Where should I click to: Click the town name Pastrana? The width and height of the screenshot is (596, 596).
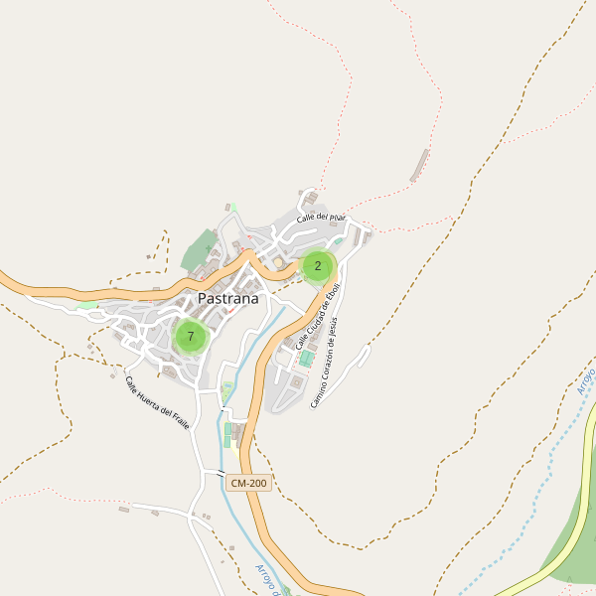click(x=227, y=298)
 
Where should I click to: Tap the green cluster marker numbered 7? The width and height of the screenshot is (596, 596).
click(x=191, y=337)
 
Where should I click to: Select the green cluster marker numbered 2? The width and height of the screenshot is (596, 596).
click(x=318, y=265)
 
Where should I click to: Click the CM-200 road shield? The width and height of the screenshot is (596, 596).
click(x=248, y=483)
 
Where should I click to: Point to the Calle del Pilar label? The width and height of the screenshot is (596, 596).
click(x=320, y=216)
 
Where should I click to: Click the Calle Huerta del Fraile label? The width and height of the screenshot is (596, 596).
click(x=157, y=403)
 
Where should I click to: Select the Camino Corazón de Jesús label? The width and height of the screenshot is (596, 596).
click(x=331, y=363)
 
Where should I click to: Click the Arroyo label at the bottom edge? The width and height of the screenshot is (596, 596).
click(x=265, y=578)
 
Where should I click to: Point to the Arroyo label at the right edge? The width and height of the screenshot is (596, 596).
click(x=585, y=380)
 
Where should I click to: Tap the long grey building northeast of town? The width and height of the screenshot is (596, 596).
click(x=420, y=165)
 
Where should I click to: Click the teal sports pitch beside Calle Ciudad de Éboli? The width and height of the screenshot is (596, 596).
click(x=307, y=358)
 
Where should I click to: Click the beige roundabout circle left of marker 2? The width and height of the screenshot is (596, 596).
click(x=278, y=262)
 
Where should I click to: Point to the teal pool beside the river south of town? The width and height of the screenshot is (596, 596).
click(x=227, y=434)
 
